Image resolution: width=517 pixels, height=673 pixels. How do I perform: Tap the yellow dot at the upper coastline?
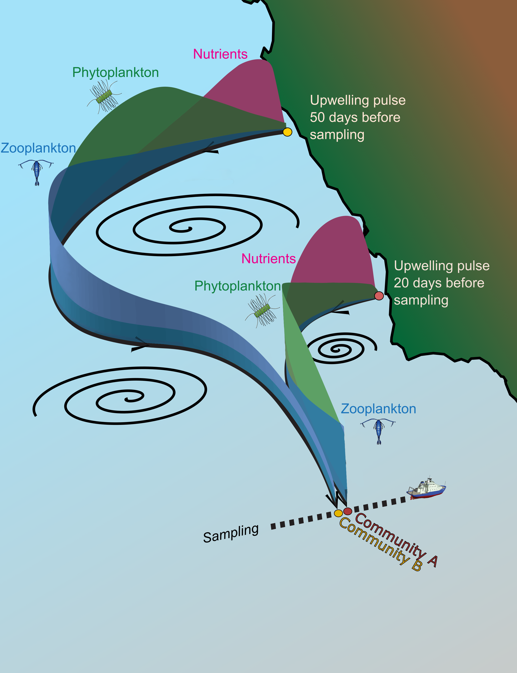tap(287, 132)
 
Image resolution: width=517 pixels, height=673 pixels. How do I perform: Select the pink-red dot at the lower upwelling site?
tap(379, 296)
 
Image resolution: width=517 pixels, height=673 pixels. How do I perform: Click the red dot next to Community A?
tap(347, 511)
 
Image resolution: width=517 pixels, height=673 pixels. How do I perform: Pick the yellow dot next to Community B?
tap(338, 513)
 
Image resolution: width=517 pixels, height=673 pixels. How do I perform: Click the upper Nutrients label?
tap(220, 54)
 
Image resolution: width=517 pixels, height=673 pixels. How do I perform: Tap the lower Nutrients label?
tap(268, 259)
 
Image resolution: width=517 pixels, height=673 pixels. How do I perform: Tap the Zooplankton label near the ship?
tap(378, 409)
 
